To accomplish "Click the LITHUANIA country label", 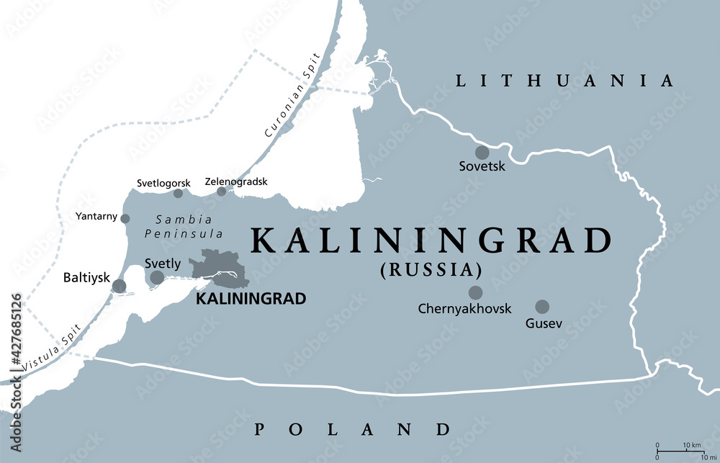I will [564, 81].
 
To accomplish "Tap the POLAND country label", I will [353, 430].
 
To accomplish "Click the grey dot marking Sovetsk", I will [482, 152].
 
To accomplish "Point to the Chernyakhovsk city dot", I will [475, 292].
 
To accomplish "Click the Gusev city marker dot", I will [542, 306].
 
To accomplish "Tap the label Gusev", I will [543, 323].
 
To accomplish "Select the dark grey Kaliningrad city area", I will [220, 269].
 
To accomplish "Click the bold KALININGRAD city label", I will [251, 298].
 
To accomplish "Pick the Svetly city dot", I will [156, 277].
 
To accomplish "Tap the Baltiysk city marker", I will [119, 287].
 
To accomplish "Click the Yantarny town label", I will [96, 217].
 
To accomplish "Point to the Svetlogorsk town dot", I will [178, 193].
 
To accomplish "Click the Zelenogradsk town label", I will [235, 181].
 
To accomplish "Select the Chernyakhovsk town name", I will [464, 309].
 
